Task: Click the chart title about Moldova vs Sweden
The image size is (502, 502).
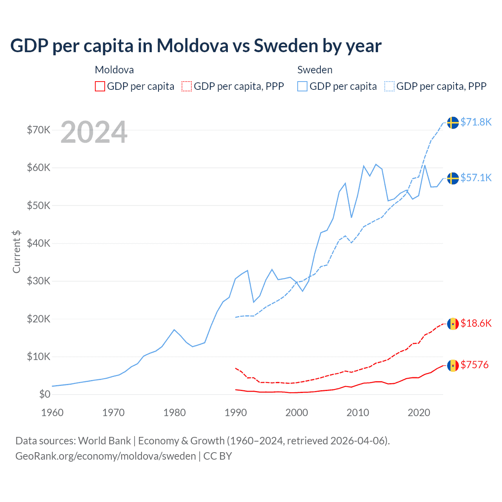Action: pos(196,45)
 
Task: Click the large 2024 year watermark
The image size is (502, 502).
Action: pos(94,132)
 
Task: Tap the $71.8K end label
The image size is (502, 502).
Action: pos(476,122)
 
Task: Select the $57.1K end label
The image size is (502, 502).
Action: pos(476,178)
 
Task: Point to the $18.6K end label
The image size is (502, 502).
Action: pos(476,323)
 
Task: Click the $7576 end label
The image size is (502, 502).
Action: pos(475,365)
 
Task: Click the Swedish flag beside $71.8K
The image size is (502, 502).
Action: pos(453,122)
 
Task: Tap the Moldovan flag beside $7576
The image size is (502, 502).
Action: pos(453,366)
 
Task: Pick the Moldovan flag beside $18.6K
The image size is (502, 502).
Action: pos(453,324)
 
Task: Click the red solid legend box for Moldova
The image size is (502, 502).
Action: pos(100,86)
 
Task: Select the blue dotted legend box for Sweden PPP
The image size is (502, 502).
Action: pos(389,86)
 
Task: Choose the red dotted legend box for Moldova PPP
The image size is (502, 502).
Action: pos(187,86)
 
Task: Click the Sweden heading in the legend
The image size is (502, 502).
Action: pos(315,70)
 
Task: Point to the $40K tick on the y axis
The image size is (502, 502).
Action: pos(38,243)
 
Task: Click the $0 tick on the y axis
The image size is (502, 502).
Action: pos(44,394)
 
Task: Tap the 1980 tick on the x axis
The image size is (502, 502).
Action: pos(175,413)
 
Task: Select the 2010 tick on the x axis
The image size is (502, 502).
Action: pos(358,413)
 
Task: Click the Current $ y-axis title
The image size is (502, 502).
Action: pos(16,252)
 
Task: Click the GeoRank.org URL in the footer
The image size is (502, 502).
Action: pos(105,456)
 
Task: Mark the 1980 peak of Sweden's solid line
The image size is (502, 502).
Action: pos(174,330)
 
